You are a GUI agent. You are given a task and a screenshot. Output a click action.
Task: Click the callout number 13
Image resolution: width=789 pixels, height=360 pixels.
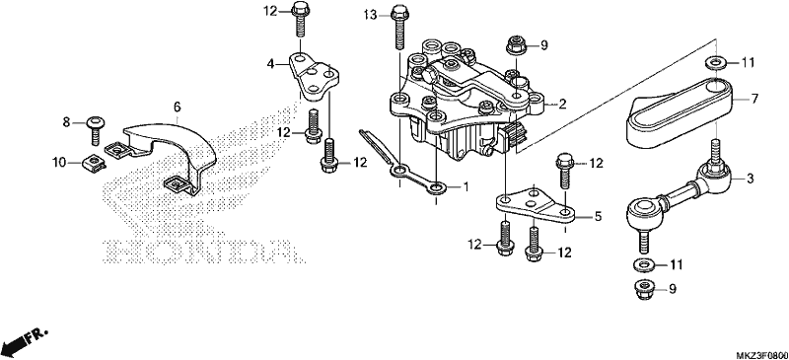pos(370,15)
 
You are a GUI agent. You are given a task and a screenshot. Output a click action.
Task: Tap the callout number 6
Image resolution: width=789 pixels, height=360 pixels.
pos(177,107)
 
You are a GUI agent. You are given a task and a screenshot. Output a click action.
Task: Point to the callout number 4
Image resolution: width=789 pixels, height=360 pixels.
pos(270,64)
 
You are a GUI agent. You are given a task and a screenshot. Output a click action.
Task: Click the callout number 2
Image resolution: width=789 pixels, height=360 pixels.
pos(562,105)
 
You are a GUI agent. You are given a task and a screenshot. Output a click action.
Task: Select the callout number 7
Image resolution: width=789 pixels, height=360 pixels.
pos(754,99)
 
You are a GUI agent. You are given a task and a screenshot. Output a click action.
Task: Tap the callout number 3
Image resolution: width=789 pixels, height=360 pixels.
pos(750,179)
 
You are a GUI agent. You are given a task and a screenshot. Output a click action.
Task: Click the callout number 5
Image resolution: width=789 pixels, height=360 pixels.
pos(598,217)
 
